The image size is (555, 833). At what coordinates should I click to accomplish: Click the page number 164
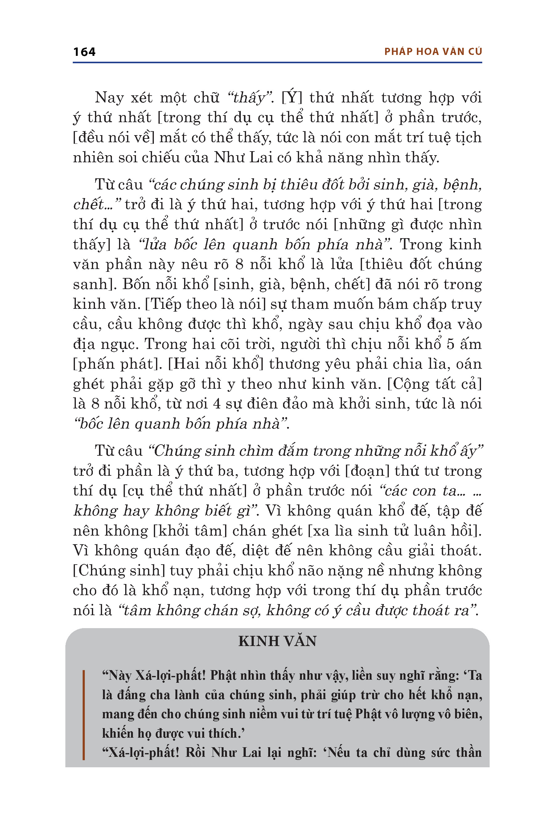(84, 52)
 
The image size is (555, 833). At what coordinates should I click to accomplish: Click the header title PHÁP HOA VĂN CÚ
(433, 52)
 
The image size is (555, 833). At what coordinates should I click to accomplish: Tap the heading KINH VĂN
(277, 641)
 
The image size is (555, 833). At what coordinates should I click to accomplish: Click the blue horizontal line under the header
(277, 63)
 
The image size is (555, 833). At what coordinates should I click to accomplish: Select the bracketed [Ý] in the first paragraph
(292, 97)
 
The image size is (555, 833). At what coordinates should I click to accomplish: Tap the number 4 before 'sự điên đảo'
(217, 404)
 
